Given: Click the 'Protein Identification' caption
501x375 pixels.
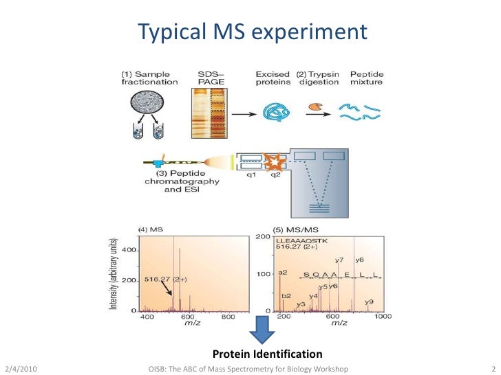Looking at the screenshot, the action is pyautogui.click(x=267, y=354).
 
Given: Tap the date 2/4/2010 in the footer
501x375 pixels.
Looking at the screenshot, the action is pyautogui.click(x=21, y=370).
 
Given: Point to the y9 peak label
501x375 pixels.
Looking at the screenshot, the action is pyautogui.click(x=369, y=302).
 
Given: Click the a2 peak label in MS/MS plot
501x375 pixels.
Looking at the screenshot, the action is pyautogui.click(x=282, y=273).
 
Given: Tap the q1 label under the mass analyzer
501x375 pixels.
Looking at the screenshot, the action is pyautogui.click(x=252, y=174).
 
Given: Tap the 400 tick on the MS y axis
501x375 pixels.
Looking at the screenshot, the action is pyautogui.click(x=129, y=250).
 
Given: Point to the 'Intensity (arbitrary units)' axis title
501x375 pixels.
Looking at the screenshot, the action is pyautogui.click(x=114, y=273).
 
